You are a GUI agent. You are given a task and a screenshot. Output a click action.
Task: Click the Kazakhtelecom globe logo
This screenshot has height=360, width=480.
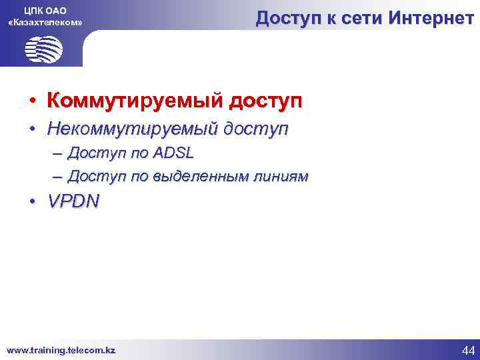coord(44,49)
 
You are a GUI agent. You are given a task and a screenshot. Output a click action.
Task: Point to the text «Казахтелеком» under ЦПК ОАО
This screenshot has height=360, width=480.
coord(45,23)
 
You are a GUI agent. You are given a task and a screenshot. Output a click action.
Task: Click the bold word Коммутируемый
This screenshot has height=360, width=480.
coord(133,101)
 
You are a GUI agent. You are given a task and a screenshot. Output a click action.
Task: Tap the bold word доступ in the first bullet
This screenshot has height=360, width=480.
coord(265,101)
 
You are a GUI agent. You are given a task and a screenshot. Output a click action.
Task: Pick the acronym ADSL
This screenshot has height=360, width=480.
coord(173,153)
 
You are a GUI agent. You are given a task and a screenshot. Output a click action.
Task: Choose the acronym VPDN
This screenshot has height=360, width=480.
coord(73,201)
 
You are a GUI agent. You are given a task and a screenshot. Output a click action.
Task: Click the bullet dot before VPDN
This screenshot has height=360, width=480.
coord(32,202)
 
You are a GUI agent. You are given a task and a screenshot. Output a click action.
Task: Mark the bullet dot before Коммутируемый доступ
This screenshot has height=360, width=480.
coord(32,102)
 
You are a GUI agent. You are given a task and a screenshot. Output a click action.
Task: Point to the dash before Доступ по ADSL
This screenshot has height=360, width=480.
coord(57,153)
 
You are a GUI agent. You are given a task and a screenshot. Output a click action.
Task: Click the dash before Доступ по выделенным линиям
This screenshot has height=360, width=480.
coord(57,177)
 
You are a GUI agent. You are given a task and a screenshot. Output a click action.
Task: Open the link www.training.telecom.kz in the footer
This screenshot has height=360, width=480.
coord(61,349)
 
